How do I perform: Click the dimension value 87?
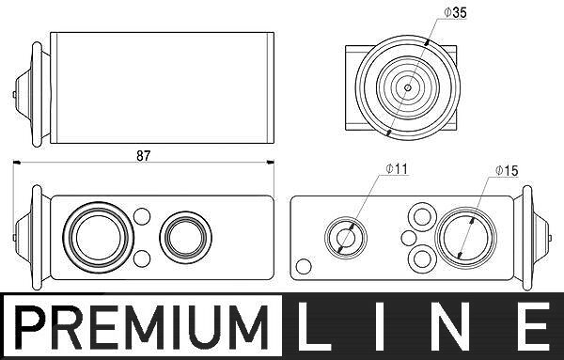(143, 156)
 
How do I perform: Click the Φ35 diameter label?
(455, 13)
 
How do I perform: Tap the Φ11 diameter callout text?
(397, 168)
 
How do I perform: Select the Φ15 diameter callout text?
(507, 171)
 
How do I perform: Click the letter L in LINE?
(313, 326)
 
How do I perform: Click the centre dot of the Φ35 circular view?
(408, 87)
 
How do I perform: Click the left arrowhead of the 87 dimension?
(17, 163)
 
